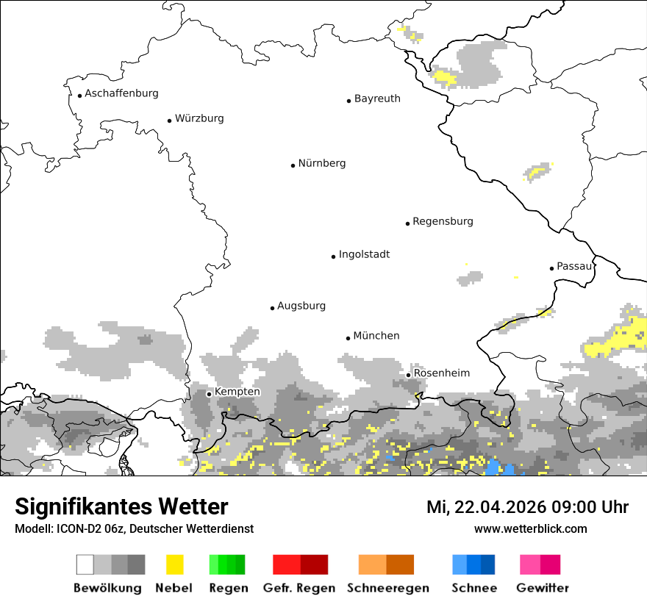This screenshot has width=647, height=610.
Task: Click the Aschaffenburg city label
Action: [x=121, y=93]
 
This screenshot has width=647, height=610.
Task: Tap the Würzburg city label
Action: [x=199, y=118]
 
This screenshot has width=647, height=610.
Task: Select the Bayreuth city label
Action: [x=377, y=98]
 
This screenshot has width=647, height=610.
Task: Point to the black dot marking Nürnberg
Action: [x=293, y=165]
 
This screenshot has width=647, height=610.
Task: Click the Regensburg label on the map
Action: [x=443, y=221]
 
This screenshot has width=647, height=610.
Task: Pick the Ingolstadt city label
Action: [x=364, y=254]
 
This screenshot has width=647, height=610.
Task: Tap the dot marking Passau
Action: [x=551, y=268]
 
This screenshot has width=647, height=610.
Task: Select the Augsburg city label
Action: [x=301, y=306]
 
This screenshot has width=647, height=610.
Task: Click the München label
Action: [x=376, y=336]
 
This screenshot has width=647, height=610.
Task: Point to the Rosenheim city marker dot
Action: [x=408, y=375]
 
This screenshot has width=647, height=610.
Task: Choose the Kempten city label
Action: [x=237, y=392]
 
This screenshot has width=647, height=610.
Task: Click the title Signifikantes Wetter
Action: [x=121, y=506]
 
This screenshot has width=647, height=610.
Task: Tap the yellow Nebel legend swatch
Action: [x=174, y=564]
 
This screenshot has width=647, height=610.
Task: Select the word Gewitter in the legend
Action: [x=542, y=588]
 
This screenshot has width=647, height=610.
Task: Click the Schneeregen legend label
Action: [x=387, y=588]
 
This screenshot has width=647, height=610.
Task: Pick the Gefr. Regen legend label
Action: [x=299, y=588]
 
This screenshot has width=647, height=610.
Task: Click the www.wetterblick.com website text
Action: [x=530, y=529]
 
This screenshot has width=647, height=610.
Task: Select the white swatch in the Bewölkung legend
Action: [x=85, y=564]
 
